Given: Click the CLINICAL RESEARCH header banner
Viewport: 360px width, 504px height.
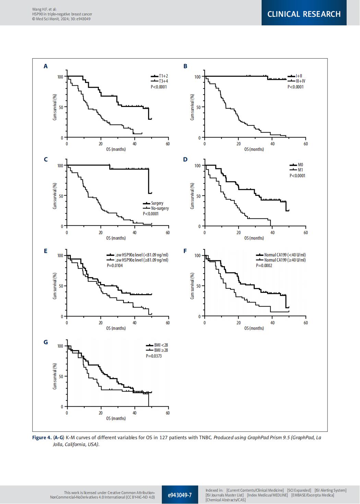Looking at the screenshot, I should point(304,14).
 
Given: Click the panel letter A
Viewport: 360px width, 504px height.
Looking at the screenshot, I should point(45,66).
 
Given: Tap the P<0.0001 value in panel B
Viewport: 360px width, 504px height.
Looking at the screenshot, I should point(296,87).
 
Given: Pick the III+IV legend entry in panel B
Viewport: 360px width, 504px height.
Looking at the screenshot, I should point(300,81).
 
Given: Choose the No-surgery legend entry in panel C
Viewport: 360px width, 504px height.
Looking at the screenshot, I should point(160,208).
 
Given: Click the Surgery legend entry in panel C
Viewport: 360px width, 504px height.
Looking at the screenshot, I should point(157,203).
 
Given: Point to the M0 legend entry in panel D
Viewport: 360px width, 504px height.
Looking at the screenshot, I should point(300,165).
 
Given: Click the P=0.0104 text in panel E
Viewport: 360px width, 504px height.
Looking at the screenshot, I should point(115,265).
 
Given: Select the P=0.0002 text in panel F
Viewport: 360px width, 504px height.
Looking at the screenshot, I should point(264,265).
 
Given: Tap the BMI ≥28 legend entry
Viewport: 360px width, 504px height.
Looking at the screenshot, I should point(161,350).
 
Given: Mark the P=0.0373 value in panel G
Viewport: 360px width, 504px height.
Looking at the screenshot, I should point(154,356).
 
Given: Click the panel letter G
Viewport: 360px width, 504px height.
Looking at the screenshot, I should point(45,342).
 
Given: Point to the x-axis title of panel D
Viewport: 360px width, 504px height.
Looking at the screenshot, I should point(254,238).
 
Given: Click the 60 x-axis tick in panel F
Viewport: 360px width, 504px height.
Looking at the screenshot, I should point(305,323).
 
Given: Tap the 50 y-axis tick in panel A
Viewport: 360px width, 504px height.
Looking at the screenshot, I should point(61,107).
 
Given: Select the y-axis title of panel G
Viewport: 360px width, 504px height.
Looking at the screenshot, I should point(55,376).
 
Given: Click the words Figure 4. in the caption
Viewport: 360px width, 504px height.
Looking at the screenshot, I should point(41,438).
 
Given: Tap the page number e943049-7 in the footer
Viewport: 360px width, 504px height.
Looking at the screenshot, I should point(180,495).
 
